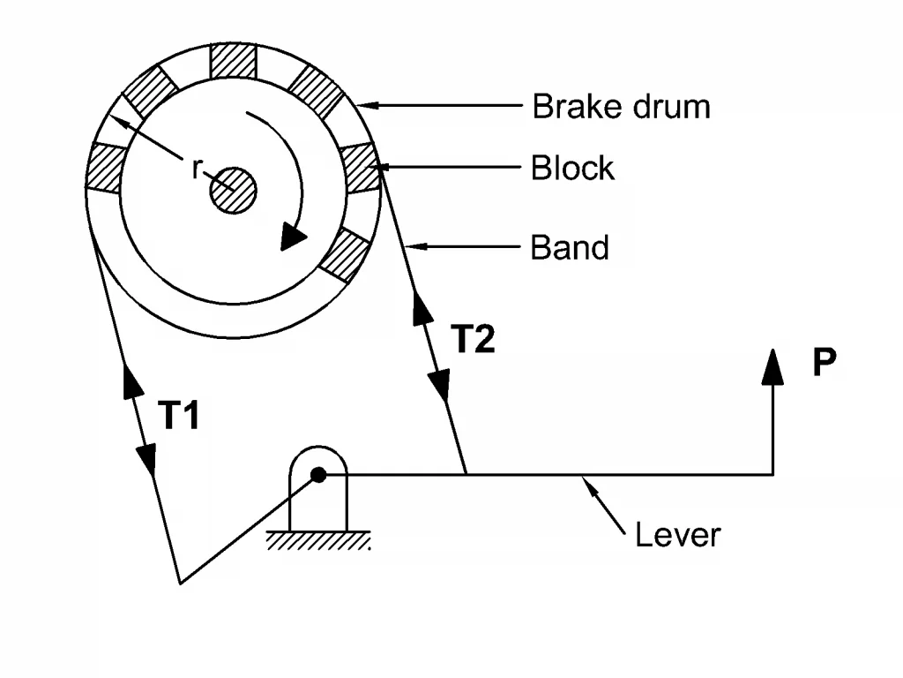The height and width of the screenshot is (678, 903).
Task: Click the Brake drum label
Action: click(x=621, y=107)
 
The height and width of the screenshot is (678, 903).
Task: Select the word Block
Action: click(x=572, y=168)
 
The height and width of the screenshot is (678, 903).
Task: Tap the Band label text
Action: click(x=570, y=247)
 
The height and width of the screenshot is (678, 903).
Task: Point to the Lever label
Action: click(x=678, y=535)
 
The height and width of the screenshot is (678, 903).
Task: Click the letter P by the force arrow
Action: click(x=825, y=361)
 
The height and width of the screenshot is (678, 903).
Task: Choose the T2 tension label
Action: click(x=473, y=338)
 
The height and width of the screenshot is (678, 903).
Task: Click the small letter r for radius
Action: click(x=197, y=169)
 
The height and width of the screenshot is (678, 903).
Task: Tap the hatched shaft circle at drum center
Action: click(x=233, y=191)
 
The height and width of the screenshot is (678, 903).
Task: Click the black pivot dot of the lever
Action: click(x=318, y=474)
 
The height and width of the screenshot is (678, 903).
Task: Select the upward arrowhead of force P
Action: click(x=772, y=366)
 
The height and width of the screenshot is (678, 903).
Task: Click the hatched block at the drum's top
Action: click(x=233, y=60)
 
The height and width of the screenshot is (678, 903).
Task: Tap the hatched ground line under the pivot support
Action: click(x=317, y=540)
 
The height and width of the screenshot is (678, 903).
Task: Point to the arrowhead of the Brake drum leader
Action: click(x=368, y=106)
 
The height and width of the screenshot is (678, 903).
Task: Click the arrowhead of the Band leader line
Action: click(x=416, y=247)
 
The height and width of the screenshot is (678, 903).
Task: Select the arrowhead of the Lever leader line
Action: click(x=588, y=486)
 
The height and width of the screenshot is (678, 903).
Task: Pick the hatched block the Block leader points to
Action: click(x=361, y=167)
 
